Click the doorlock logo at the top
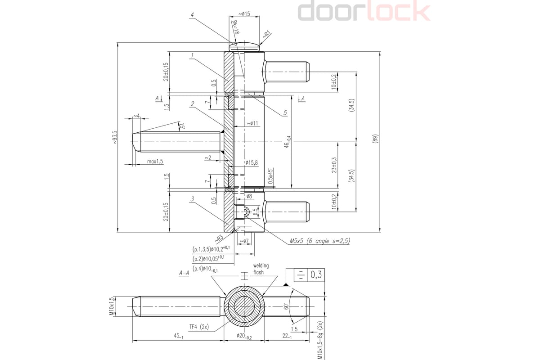[364, 11]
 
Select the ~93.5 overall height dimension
[115, 137]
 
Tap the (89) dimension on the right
[376, 138]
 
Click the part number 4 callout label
[192, 15]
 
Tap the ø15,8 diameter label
[252, 162]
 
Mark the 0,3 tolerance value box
[316, 275]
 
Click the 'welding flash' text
[261, 269]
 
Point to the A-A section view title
[184, 273]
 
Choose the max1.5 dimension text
[155, 161]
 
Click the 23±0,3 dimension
[333, 165]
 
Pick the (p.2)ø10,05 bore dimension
[211, 259]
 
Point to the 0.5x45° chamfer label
[270, 176]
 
